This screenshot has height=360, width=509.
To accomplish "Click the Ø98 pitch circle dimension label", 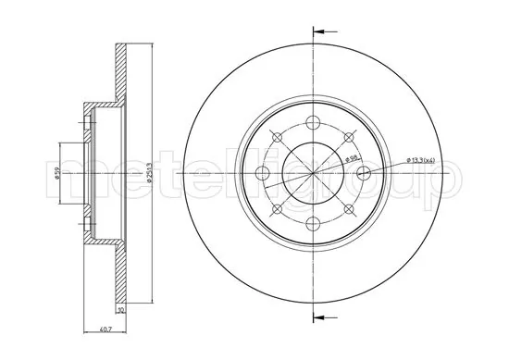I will coord(353,158).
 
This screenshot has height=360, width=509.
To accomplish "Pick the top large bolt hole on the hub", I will coord(314,120).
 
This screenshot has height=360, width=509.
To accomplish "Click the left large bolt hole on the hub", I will coord(263,171).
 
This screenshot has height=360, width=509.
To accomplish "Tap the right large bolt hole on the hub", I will coord(365,171).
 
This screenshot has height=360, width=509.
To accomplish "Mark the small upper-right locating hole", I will coord(350,136).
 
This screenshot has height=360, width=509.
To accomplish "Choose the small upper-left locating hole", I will coord(278,136).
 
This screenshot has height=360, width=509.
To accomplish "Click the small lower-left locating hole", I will coord(278,207).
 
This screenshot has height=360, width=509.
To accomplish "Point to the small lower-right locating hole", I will coord(350,207).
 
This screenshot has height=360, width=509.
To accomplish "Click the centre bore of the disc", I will coord(314,171).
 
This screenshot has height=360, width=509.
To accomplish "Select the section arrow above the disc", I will coord(323,32).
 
